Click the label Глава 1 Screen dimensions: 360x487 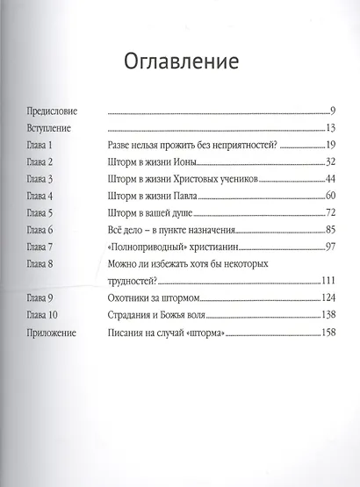click(x=40, y=146)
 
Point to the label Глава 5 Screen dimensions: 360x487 click(x=40, y=213)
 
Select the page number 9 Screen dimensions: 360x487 click(x=334, y=113)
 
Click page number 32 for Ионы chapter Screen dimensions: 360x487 click(x=331, y=162)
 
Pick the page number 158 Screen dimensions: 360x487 click(x=329, y=333)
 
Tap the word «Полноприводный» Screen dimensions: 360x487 click(x=147, y=247)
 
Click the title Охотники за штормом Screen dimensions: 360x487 click(x=150, y=298)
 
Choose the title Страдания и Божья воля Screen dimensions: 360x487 click(x=161, y=315)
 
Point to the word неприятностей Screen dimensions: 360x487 click(x=244, y=146)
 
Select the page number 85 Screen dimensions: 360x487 click(x=331, y=231)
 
